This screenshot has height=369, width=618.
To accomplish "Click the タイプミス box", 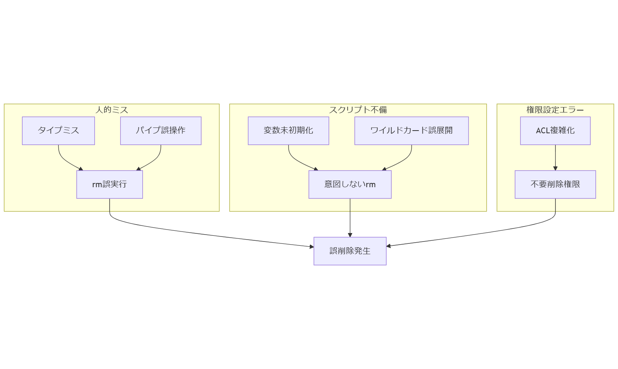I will (x=58, y=131).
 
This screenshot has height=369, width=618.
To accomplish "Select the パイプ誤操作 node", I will (x=160, y=131).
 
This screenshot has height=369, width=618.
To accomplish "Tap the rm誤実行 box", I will (x=110, y=184).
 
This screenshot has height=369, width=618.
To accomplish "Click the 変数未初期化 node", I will (x=288, y=131).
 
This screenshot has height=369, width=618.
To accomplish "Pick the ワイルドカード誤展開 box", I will (x=411, y=131).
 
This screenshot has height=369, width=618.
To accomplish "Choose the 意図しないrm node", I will (x=350, y=184).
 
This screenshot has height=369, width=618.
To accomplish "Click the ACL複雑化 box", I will (x=555, y=131).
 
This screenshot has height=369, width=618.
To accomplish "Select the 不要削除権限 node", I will (x=555, y=184).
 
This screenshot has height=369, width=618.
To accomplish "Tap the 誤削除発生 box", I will (x=350, y=251).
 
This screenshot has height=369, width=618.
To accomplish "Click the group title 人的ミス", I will (x=111, y=110).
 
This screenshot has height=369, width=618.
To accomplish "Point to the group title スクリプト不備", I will (x=358, y=110).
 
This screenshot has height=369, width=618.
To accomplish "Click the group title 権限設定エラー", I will (x=555, y=110).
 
